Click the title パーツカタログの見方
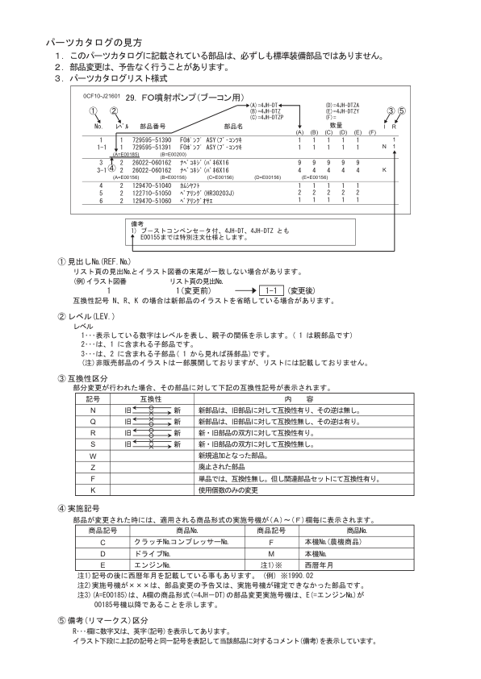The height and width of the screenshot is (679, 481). (93, 41)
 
